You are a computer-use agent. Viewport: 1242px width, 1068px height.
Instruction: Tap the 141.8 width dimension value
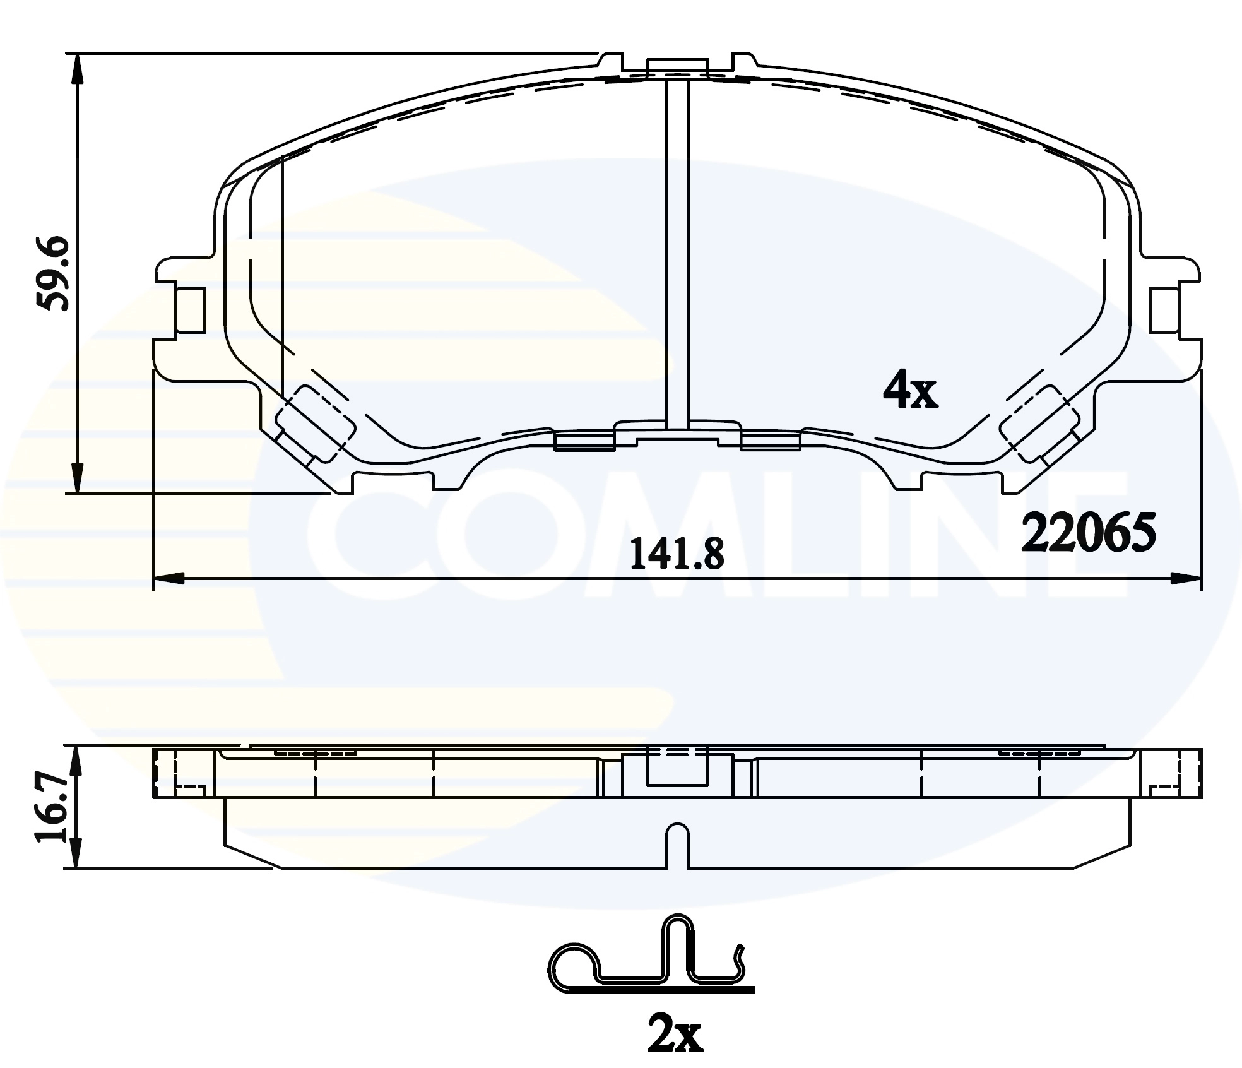pos(678,554)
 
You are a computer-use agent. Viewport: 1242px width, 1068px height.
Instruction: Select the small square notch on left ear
pos(190,310)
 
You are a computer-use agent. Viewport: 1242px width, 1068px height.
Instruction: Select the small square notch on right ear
pos(1165,310)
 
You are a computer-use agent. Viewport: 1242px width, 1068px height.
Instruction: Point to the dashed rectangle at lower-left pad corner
pos(316,424)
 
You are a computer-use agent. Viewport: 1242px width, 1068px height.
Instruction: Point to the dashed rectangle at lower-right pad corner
pos(1039,424)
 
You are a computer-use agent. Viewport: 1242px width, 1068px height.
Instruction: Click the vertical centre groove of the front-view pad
pos(677,252)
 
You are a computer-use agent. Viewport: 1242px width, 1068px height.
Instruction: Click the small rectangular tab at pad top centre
pos(677,66)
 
